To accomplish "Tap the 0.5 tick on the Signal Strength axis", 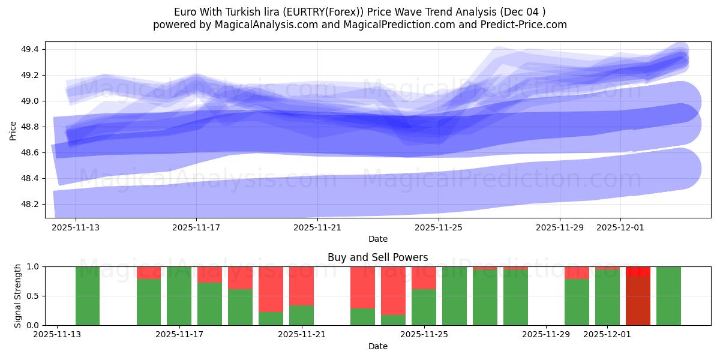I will pos(33,296).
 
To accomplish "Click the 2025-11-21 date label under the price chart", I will pos(317,228).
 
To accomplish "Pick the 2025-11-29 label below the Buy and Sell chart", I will pos(547,334).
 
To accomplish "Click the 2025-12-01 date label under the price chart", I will pos(620,228).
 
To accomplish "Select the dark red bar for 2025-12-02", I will pos(638,301).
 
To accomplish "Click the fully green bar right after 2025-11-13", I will pos(88,296).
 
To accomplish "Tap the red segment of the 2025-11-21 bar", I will pos(301,286).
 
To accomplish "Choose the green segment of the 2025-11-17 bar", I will pos(179,296).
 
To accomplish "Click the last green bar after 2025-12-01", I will pos(668,296).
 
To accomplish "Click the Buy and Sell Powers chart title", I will pos(377,257).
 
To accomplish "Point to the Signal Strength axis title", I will pos(17,295).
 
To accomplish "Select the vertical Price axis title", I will pos(13,130).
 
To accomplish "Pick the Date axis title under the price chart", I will pos(377,239).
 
